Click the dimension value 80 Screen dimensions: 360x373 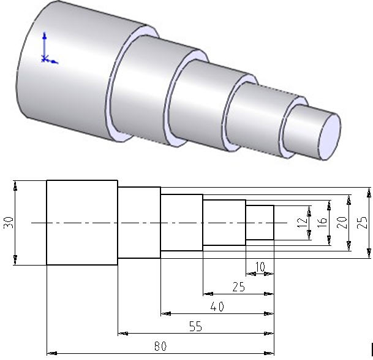[x=160, y=347]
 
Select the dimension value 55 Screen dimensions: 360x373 [x=195, y=327]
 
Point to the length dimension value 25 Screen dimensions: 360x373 [x=238, y=286]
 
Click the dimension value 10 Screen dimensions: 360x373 [x=260, y=267]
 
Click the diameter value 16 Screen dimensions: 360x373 [x=322, y=223]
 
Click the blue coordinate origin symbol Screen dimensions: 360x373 [x=45, y=58]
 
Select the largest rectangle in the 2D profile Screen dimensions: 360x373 [x=82, y=223]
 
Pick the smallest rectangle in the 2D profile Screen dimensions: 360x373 [x=260, y=223]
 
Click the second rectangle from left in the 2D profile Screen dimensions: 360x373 [x=139, y=223]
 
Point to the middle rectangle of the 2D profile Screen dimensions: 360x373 [x=181, y=223]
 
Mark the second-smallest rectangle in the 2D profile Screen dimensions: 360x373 [x=224, y=223]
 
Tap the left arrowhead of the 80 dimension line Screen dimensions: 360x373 [x=50, y=353]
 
